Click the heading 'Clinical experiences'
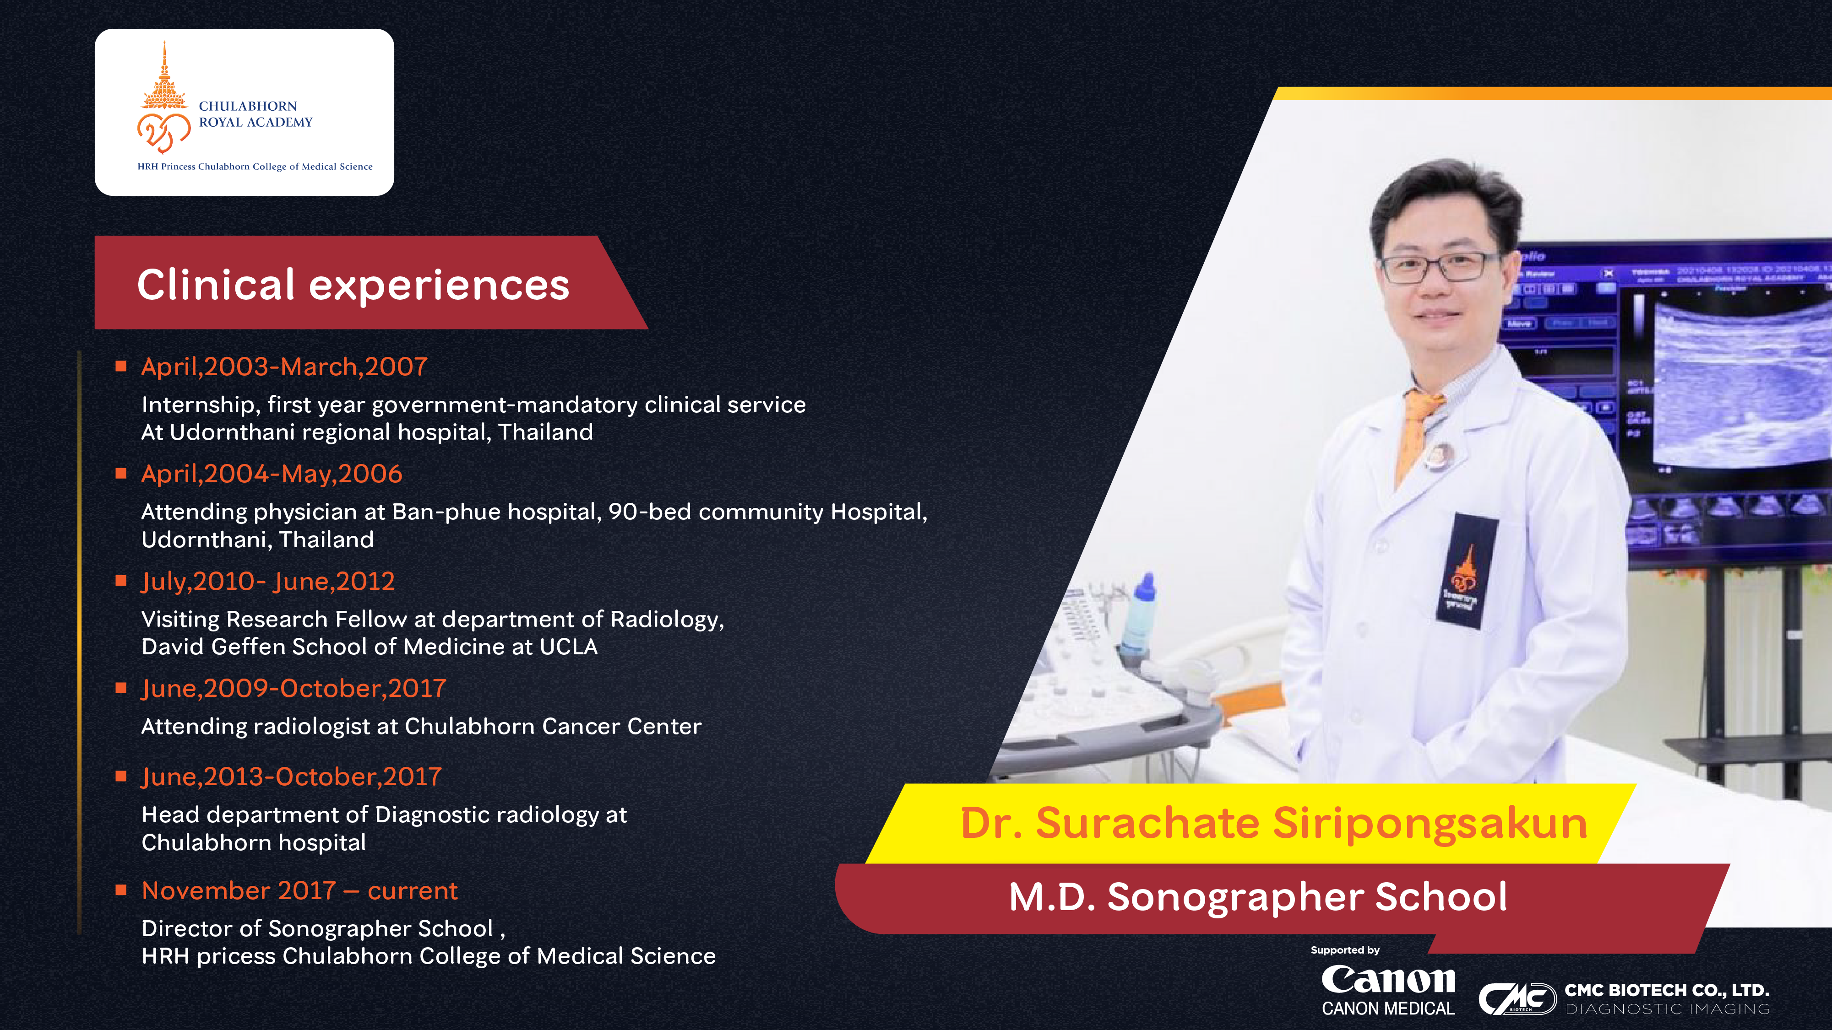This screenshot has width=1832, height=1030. pyautogui.click(x=353, y=285)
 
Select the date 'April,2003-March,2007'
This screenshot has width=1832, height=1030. pyautogui.click(x=284, y=367)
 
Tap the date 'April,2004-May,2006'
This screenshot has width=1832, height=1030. pyautogui.click(x=272, y=474)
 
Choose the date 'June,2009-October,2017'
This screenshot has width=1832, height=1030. pyautogui.click(x=294, y=689)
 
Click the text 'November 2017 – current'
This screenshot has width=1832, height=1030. pyautogui.click(x=299, y=891)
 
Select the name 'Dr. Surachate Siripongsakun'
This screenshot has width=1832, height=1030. pyautogui.click(x=1274, y=823)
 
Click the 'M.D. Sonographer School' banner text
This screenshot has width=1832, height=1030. pyautogui.click(x=1257, y=896)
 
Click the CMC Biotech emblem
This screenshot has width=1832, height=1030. pyautogui.click(x=1517, y=999)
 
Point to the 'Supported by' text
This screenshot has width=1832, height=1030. pyautogui.click(x=1345, y=950)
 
